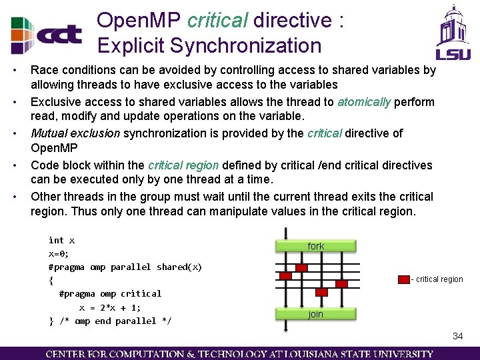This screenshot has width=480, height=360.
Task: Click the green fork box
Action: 315,246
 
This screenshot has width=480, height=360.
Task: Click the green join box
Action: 315,314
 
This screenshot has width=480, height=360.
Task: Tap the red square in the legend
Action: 404,279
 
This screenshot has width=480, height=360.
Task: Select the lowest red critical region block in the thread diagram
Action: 321,292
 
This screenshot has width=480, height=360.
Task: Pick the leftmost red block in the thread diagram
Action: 286,275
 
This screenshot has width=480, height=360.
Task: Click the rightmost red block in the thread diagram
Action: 341,283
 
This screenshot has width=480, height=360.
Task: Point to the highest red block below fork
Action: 301,267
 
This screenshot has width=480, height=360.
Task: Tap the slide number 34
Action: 457,336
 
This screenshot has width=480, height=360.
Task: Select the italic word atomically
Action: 364,102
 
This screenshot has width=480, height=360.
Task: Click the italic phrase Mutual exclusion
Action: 75,133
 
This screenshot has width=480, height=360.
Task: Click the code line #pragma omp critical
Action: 110,293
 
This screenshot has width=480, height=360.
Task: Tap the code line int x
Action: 61,240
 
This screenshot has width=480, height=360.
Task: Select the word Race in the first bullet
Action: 43,70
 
